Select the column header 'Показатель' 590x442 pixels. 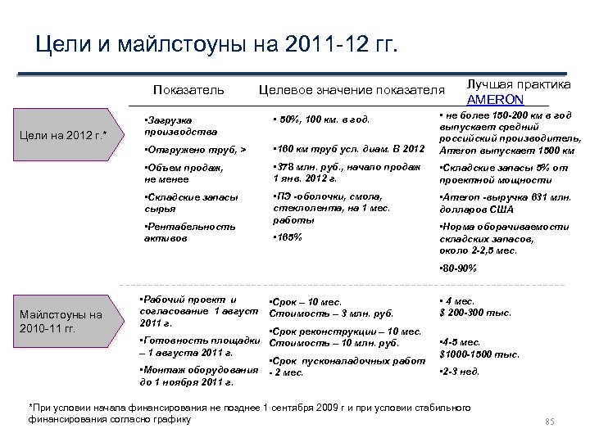tap(188, 89)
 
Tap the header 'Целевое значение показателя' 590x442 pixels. tap(352, 89)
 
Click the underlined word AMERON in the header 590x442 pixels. tap(495, 99)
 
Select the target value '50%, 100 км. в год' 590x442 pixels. tap(322, 121)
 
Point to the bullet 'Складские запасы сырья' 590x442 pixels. tap(190, 203)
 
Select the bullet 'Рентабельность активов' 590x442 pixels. tap(188, 232)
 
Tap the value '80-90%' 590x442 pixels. tap(459, 268)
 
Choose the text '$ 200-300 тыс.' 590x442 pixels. tap(475, 313)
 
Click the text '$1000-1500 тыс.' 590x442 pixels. tap(479, 354)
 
